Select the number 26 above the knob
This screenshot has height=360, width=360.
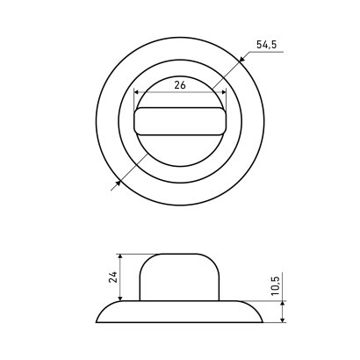click(x=179, y=85)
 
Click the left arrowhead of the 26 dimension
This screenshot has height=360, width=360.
click(x=135, y=92)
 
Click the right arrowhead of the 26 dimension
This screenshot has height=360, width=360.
click(x=223, y=92)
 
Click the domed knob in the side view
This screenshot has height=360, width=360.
click(x=179, y=277)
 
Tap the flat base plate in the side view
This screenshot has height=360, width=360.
click(x=179, y=312)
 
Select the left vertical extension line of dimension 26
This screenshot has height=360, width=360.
click(x=133, y=101)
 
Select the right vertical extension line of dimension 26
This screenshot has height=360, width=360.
click(x=226, y=101)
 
